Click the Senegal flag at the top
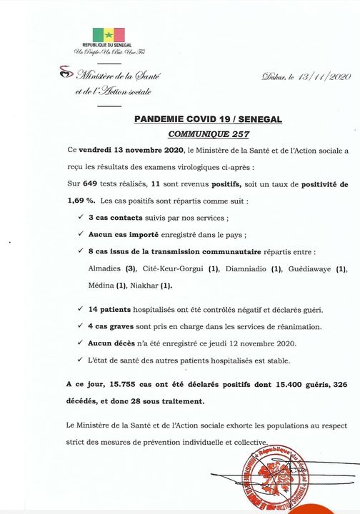109,35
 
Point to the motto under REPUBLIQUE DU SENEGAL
108,53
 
